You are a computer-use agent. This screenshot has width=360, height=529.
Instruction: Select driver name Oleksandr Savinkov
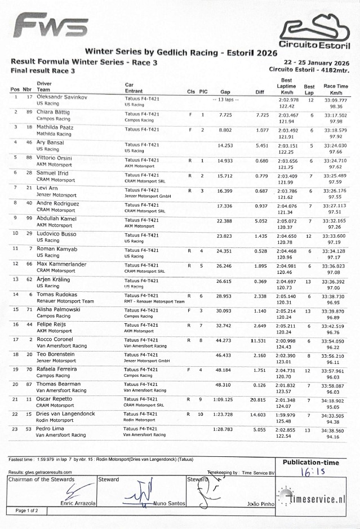click(62, 97)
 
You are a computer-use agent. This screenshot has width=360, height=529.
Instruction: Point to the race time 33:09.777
click(336, 100)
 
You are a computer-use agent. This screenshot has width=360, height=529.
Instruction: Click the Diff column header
click(260, 91)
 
